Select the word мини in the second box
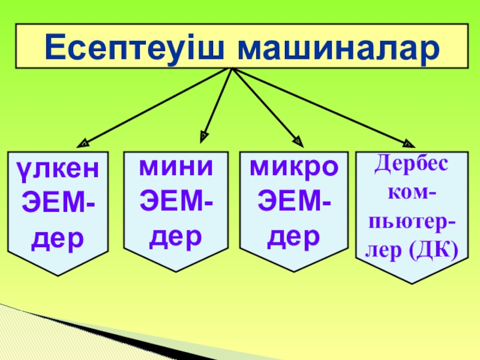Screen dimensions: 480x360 [x=176, y=167]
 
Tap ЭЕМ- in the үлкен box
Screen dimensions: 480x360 [x=58, y=204]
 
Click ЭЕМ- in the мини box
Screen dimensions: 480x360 [x=176, y=203]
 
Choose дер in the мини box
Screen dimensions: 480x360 [x=176, y=238]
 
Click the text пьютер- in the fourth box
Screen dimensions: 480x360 [x=412, y=224]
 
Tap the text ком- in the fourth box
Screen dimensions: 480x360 [x=412, y=193]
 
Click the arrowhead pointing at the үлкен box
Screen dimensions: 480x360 [x=83, y=143]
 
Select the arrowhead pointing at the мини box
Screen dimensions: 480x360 [x=205, y=136]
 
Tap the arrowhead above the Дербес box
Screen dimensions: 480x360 [x=409, y=143]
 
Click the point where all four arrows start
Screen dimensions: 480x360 [x=232, y=68]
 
